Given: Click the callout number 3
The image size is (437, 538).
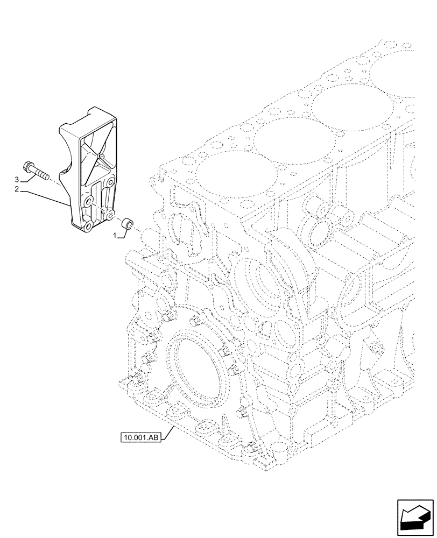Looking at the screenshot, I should tap(18, 179).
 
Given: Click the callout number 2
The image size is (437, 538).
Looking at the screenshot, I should tap(18, 189).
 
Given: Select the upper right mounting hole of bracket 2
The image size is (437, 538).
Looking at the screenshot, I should tap(111, 182).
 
